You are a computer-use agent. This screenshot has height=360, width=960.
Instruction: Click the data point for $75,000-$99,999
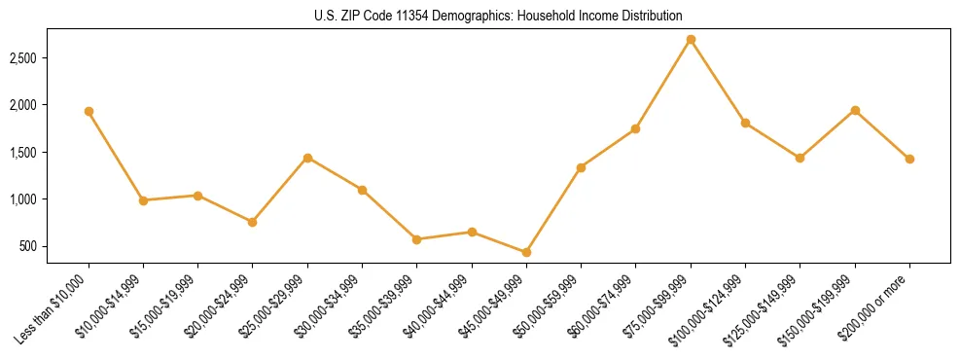(x=691, y=39)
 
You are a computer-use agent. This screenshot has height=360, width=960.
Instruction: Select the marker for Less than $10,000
(x=89, y=111)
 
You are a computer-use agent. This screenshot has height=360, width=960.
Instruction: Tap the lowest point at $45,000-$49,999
(x=526, y=252)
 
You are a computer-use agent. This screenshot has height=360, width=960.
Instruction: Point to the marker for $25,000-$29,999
(x=307, y=158)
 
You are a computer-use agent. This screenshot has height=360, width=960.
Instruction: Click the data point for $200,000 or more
(x=909, y=159)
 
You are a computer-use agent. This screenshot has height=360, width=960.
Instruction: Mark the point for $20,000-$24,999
(x=253, y=222)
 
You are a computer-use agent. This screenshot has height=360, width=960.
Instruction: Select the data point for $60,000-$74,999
(x=636, y=128)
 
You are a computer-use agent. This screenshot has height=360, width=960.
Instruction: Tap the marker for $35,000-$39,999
(x=417, y=239)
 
